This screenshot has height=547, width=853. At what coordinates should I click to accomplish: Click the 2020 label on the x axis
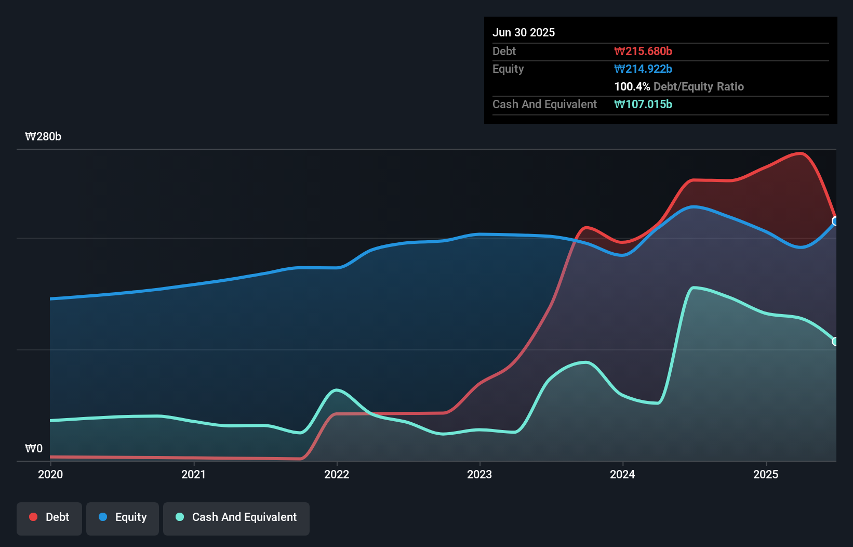(x=50, y=474)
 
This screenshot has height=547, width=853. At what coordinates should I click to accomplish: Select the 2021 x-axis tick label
(x=193, y=474)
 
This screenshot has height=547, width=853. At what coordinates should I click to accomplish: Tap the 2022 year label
(x=337, y=474)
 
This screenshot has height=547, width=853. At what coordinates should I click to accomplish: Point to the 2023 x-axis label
(x=479, y=474)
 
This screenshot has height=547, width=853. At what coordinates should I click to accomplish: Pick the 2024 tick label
(x=622, y=474)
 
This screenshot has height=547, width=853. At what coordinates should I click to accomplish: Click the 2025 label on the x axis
(x=766, y=474)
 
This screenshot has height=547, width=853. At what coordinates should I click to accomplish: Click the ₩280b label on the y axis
(x=43, y=137)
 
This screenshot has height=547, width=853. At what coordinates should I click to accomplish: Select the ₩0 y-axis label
(x=34, y=448)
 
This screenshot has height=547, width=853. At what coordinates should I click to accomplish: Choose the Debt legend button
(x=49, y=517)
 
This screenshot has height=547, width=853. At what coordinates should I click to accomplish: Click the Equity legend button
(x=123, y=517)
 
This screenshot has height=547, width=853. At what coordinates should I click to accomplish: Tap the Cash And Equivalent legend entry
(x=236, y=517)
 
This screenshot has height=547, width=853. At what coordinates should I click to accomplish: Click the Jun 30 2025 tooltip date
(x=524, y=33)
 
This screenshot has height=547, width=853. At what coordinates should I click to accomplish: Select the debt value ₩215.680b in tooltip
(x=643, y=51)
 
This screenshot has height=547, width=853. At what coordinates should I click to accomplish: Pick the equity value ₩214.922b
(x=643, y=69)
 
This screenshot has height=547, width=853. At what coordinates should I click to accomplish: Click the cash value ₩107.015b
(x=643, y=105)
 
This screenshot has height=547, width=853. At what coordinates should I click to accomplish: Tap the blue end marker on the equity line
(x=835, y=221)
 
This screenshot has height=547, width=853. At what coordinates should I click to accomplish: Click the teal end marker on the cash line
(x=835, y=342)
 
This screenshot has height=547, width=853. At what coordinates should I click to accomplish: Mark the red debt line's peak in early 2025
(x=801, y=153)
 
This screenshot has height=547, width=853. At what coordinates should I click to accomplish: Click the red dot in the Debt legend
(x=33, y=517)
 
